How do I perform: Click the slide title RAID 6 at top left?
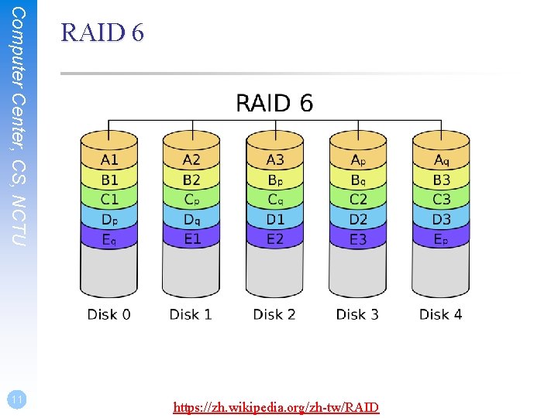pos(102,33)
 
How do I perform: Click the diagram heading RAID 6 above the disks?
pos(274,103)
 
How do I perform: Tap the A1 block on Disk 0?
pos(109,160)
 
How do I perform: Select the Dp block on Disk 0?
pos(109,220)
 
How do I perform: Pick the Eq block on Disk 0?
pos(109,239)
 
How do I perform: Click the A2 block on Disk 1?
pos(191,160)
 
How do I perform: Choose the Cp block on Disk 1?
pos(191,200)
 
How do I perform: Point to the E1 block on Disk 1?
pos(191,239)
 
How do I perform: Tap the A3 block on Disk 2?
pos(275,160)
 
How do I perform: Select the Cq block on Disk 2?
pos(275,200)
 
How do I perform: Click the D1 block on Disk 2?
pos(275,220)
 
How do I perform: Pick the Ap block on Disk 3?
pos(358,160)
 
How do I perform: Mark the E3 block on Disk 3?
pos(358,239)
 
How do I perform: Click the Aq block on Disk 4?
pos(441,160)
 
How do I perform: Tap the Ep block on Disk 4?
pos(441,239)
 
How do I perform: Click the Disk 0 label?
pos(108,314)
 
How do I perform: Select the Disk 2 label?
pos(274,314)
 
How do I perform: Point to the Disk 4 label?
pos(440,314)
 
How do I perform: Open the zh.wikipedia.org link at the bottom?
pos(276,407)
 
